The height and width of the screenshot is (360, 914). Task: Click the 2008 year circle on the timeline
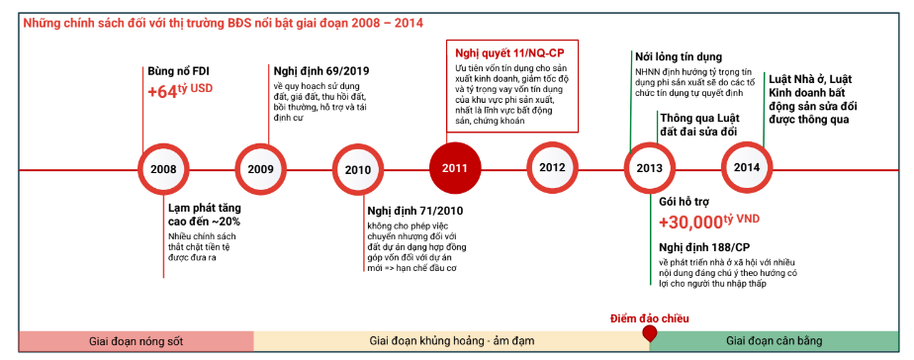(163, 168)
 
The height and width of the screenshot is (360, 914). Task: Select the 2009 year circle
(260, 168)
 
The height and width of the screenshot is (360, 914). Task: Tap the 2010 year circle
(357, 168)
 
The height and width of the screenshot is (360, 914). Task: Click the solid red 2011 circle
(454, 166)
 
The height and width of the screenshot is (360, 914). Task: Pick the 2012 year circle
(552, 166)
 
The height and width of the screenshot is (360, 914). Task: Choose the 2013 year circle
(649, 167)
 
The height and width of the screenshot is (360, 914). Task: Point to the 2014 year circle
(747, 166)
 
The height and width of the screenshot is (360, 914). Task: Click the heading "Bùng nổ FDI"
(178, 70)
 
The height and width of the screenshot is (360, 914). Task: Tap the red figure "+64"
(161, 91)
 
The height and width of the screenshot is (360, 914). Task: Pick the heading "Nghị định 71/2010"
(414, 211)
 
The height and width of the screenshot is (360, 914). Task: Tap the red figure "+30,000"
(693, 222)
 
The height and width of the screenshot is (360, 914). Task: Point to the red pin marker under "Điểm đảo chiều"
(649, 333)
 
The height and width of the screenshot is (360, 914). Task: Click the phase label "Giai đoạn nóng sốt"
(136, 341)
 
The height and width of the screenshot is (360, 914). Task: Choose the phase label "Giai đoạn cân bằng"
(774, 341)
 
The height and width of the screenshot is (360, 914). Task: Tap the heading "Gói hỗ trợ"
(686, 200)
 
